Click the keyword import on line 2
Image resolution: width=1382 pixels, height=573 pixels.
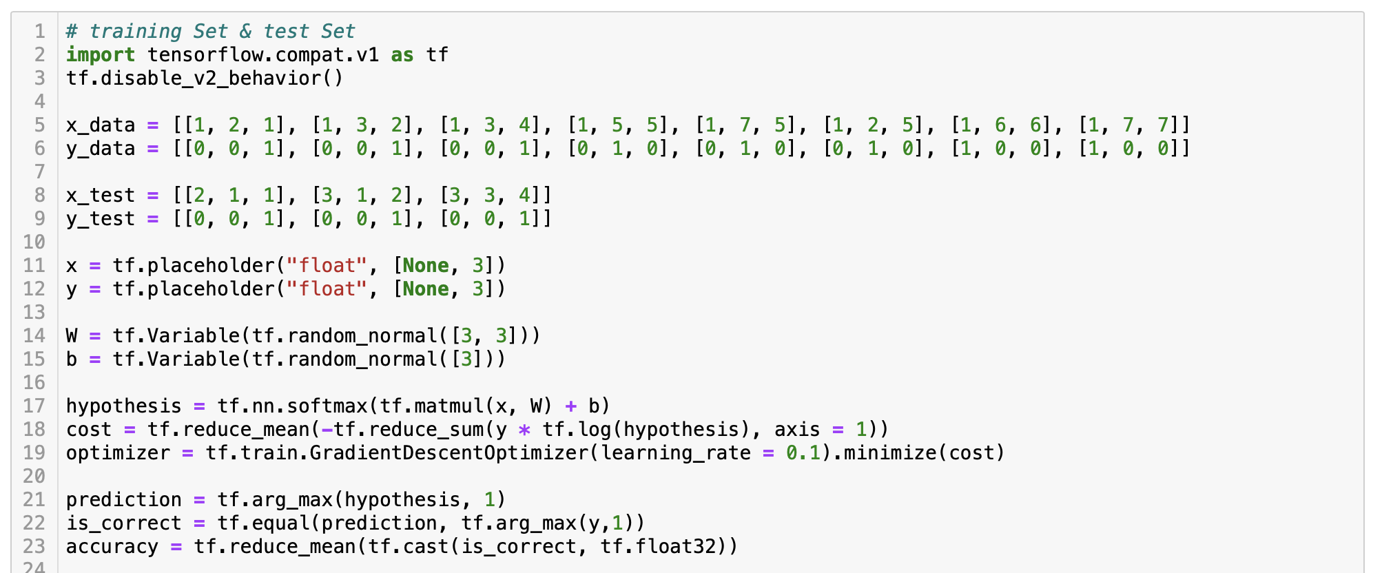[100, 55]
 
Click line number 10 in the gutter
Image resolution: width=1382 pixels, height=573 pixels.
[34, 242]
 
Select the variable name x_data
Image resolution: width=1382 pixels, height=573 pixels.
[100, 125]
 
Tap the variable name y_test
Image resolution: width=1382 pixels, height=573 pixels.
[100, 219]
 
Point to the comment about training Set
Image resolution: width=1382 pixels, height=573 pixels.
[210, 32]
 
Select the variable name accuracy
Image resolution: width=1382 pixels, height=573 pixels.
[112, 547]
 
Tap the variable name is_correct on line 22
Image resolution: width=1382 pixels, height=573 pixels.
[123, 523]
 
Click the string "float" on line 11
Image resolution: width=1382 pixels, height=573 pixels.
[327, 266]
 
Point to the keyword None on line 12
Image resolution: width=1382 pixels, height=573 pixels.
[426, 289]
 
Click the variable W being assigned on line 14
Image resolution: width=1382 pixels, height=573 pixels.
[72, 336]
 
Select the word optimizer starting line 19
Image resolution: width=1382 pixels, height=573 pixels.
[117, 453]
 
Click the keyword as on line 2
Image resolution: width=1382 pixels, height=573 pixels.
[402, 55]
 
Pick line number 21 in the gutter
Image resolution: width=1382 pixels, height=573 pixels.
[34, 500]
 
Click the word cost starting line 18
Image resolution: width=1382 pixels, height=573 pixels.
[89, 430]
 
